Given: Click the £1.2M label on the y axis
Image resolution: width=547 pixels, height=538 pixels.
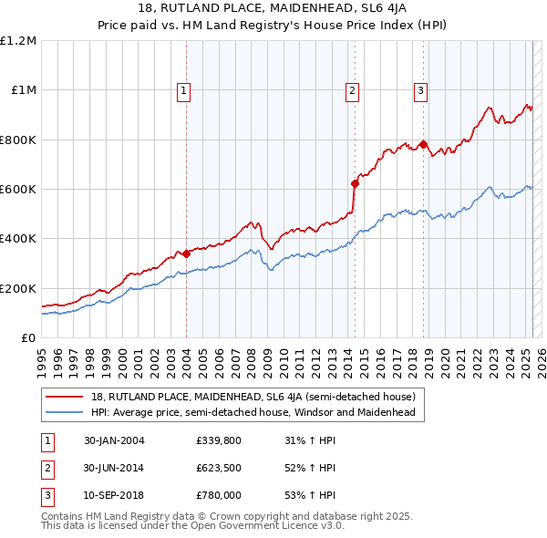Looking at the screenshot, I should coord(17,41).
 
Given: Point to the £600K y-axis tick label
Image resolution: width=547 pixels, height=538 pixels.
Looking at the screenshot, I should coord(17,189).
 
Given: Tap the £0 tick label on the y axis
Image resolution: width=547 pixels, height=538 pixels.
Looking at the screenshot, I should coord(27,337).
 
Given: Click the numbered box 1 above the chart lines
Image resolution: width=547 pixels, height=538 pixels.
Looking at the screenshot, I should coord(184,90).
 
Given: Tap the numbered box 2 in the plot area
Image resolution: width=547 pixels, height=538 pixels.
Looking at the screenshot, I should coord(352,90).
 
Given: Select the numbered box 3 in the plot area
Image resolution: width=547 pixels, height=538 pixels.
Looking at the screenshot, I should coord(420,90).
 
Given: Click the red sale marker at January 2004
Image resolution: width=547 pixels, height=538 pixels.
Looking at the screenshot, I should coord(186,253).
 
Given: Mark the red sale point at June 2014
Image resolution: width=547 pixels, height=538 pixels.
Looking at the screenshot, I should coord(355,183).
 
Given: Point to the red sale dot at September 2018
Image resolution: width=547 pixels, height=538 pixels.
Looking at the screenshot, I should coord(424,144).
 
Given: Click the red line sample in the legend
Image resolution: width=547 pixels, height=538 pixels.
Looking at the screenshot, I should coord(64,397).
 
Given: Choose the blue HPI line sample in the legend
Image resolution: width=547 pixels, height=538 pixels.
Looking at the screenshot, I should coord(64,412).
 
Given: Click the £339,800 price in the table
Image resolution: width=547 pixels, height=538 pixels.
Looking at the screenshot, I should coord(218,440).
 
